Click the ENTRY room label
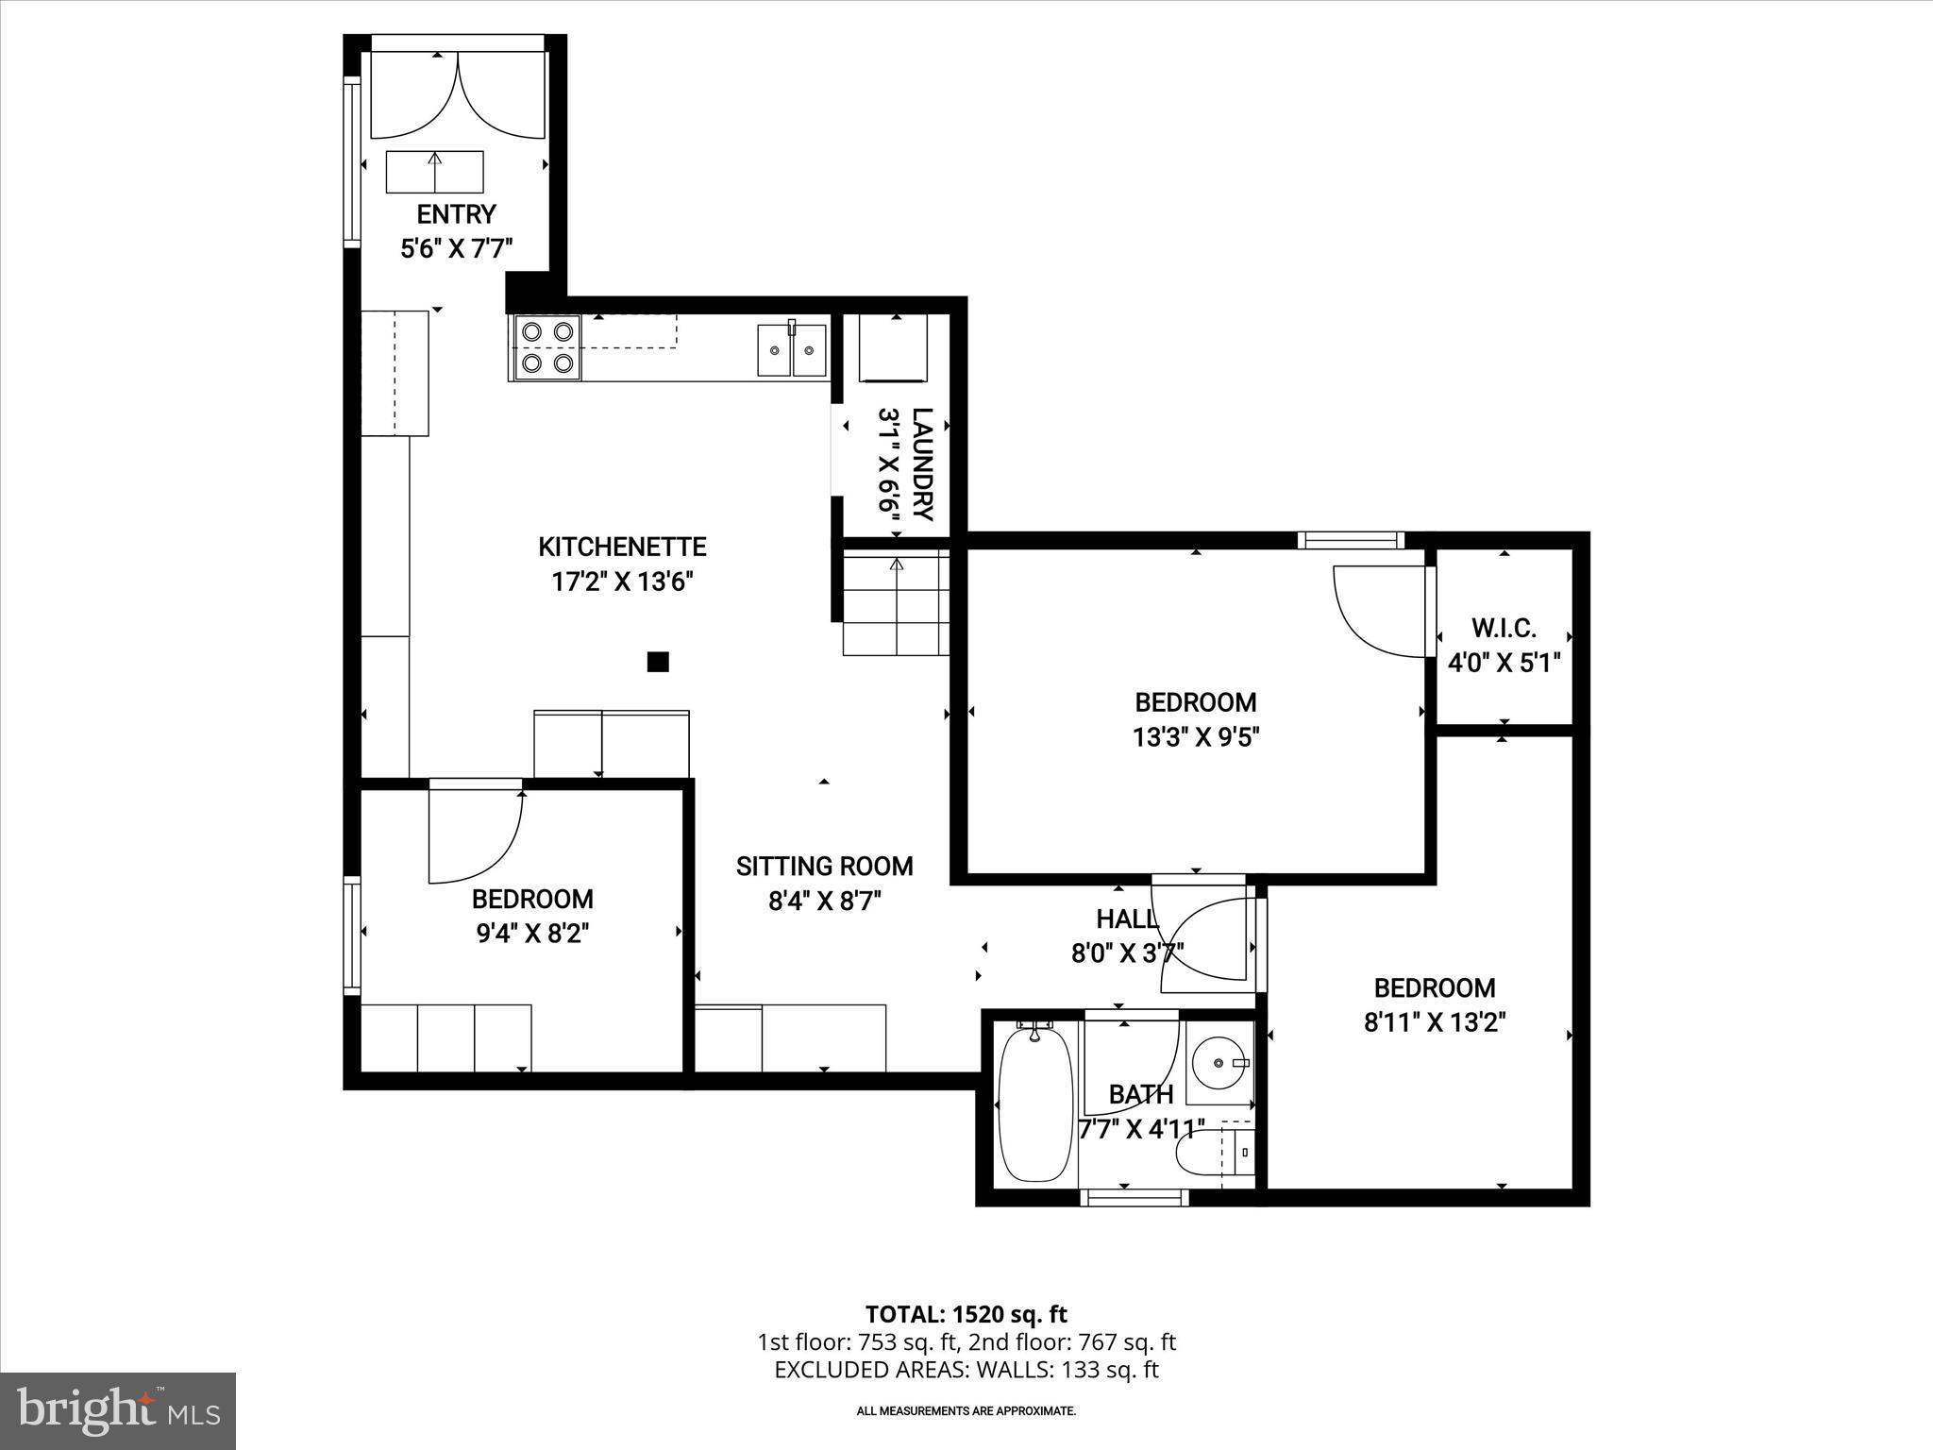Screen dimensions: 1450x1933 (456, 213)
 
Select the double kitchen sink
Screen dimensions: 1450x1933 (791, 349)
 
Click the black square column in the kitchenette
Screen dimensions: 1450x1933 (658, 662)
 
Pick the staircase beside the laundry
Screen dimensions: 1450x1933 (896, 605)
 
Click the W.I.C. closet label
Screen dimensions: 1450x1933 (1504, 627)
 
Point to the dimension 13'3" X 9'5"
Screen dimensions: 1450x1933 (1196, 737)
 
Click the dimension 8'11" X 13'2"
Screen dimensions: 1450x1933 (1434, 1022)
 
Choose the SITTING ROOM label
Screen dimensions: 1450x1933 (824, 866)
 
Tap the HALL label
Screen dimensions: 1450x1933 (1126, 919)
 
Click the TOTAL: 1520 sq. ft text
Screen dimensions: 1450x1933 (966, 1314)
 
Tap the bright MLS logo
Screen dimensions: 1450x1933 (118, 1410)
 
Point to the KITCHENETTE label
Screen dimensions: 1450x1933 (622, 547)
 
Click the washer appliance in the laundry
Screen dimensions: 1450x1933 (892, 347)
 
